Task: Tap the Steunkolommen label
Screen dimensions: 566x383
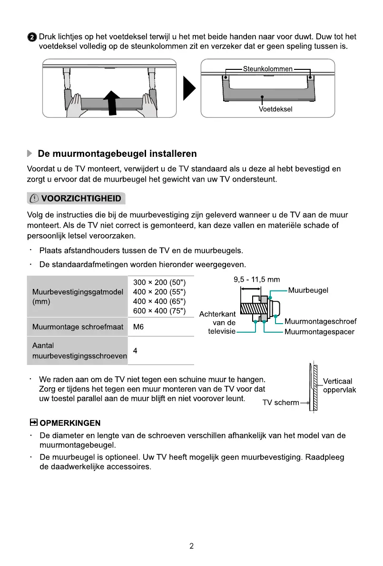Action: pyautogui.click(x=268, y=69)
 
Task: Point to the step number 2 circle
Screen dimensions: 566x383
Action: pyautogui.click(x=31, y=37)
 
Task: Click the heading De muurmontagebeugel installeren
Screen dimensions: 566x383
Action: pyautogui.click(x=117, y=154)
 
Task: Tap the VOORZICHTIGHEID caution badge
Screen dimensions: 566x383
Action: pyautogui.click(x=76, y=198)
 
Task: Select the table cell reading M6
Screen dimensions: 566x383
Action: pyautogui.click(x=138, y=327)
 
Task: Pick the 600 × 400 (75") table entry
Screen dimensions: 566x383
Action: pyautogui.click(x=159, y=311)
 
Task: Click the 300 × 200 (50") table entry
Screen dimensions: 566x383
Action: pyautogui.click(x=159, y=282)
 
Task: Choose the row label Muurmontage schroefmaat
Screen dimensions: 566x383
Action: pyautogui.click(x=78, y=327)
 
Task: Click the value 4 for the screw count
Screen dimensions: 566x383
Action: pyautogui.click(x=136, y=351)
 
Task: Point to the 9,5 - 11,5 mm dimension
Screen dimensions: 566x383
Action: pyautogui.click(x=256, y=279)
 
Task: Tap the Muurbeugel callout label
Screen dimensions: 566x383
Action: pyautogui.click(x=308, y=290)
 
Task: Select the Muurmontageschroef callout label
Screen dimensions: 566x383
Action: pyautogui.click(x=320, y=322)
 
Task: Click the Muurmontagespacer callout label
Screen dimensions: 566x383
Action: pyautogui.click(x=319, y=332)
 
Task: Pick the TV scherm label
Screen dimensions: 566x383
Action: pyautogui.click(x=281, y=403)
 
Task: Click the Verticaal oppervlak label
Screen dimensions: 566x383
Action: pyautogui.click(x=339, y=386)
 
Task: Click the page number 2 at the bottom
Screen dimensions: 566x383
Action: pyautogui.click(x=191, y=546)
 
